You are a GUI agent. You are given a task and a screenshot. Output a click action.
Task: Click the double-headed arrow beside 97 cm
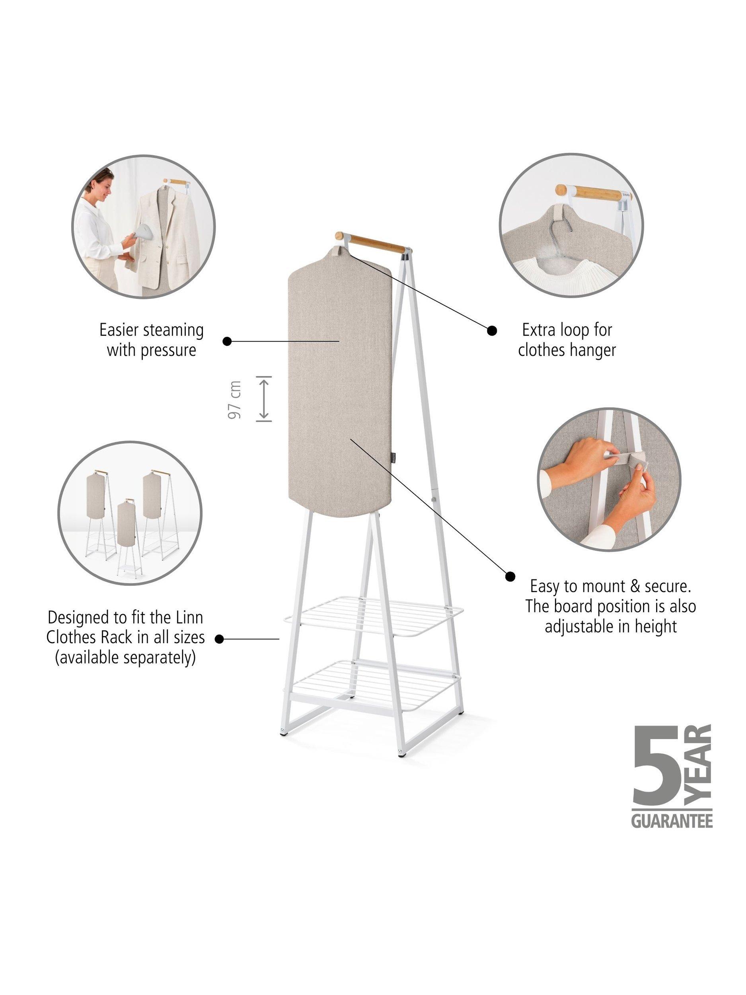263,398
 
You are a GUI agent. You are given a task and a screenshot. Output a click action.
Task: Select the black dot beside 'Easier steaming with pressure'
228,341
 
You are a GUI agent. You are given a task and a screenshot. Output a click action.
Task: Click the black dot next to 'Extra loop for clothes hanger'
492,331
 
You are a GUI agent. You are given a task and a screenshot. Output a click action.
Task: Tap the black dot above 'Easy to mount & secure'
510,576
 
